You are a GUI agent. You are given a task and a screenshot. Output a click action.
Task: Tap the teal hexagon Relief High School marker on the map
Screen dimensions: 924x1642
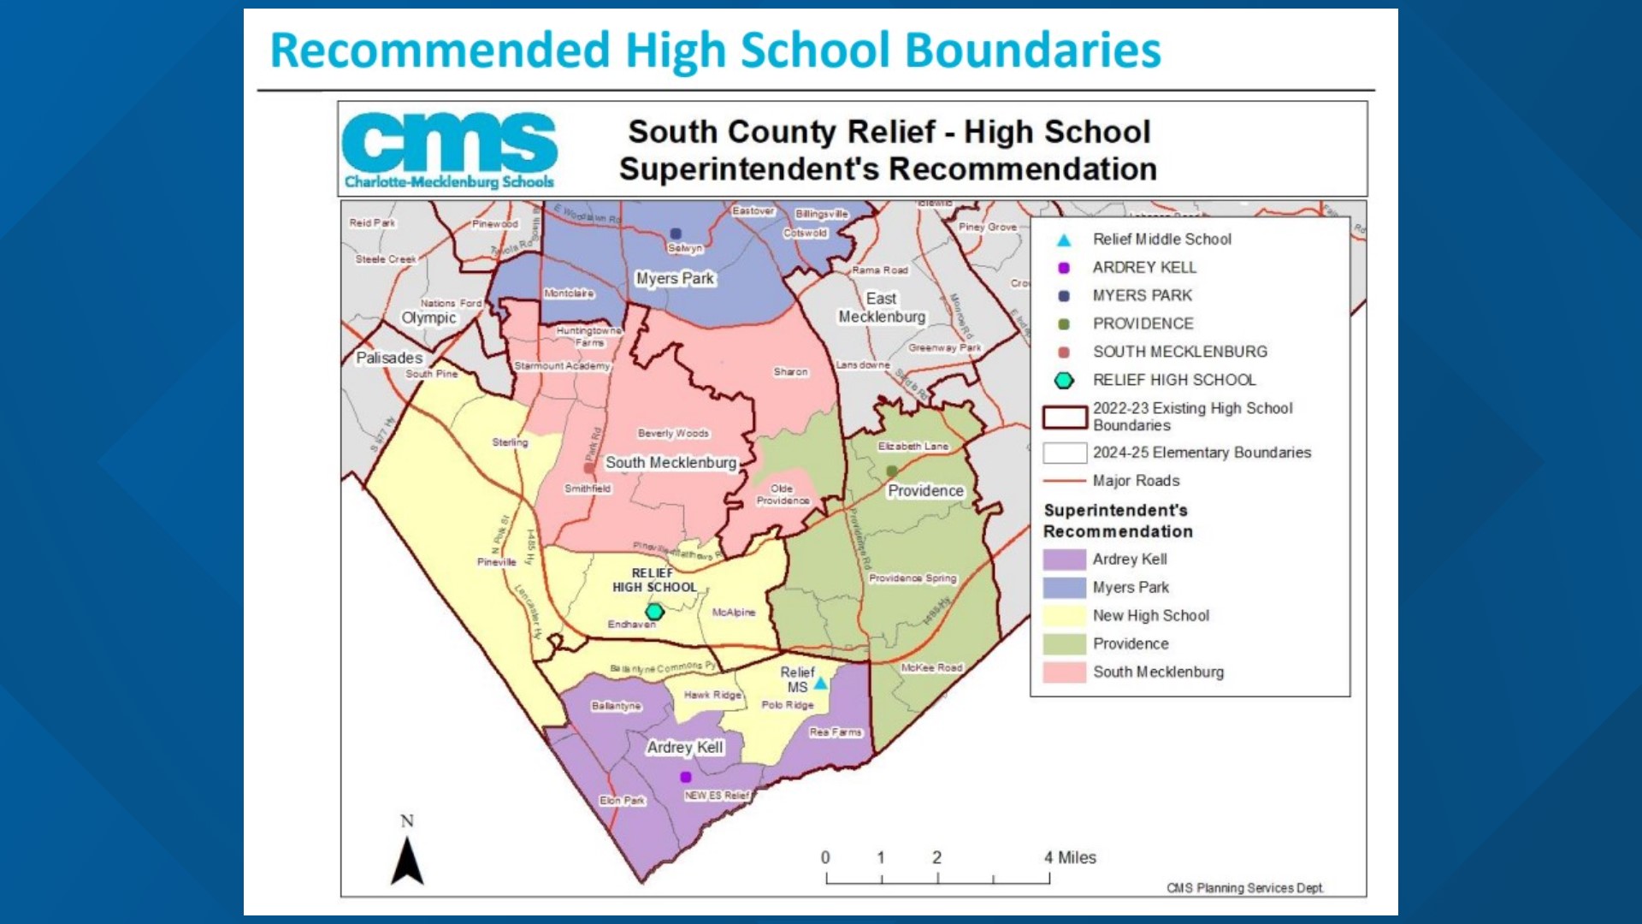[654, 612]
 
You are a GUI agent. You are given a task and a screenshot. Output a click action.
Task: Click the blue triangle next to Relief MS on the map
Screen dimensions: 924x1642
[821, 684]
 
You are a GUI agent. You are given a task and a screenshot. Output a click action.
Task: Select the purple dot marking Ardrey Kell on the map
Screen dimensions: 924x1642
[685, 777]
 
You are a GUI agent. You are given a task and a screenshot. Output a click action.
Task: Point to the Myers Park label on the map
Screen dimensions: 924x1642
[675, 278]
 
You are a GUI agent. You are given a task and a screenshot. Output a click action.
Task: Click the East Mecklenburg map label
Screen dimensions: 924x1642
[882, 308]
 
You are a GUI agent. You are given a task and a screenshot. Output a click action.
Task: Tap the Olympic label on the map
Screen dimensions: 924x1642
[428, 317]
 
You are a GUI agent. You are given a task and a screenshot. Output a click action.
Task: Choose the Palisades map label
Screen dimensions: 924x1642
[389, 358]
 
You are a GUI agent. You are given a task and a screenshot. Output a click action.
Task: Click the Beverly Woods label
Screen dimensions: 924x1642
[673, 433]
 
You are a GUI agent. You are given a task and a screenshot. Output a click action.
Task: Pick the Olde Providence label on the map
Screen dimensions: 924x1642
[783, 495]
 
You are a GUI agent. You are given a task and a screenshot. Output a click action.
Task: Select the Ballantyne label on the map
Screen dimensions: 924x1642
[616, 706]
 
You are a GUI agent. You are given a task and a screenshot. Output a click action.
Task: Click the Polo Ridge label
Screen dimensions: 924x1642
[788, 705]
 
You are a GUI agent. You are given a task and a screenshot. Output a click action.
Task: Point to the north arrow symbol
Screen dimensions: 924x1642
[407, 860]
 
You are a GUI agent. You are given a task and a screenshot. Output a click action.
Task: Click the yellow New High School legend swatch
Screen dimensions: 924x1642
[1064, 615]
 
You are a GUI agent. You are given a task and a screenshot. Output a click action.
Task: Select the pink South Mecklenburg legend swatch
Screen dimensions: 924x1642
[1064, 672]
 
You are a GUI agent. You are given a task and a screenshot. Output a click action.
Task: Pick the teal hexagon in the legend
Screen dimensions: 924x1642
[1064, 380]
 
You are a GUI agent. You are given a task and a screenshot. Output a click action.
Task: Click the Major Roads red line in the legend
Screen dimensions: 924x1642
[1064, 481]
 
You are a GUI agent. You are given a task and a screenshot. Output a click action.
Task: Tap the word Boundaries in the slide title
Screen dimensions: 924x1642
[1033, 50]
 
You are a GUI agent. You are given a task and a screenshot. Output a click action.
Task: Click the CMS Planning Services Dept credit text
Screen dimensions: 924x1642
[1245, 888]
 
